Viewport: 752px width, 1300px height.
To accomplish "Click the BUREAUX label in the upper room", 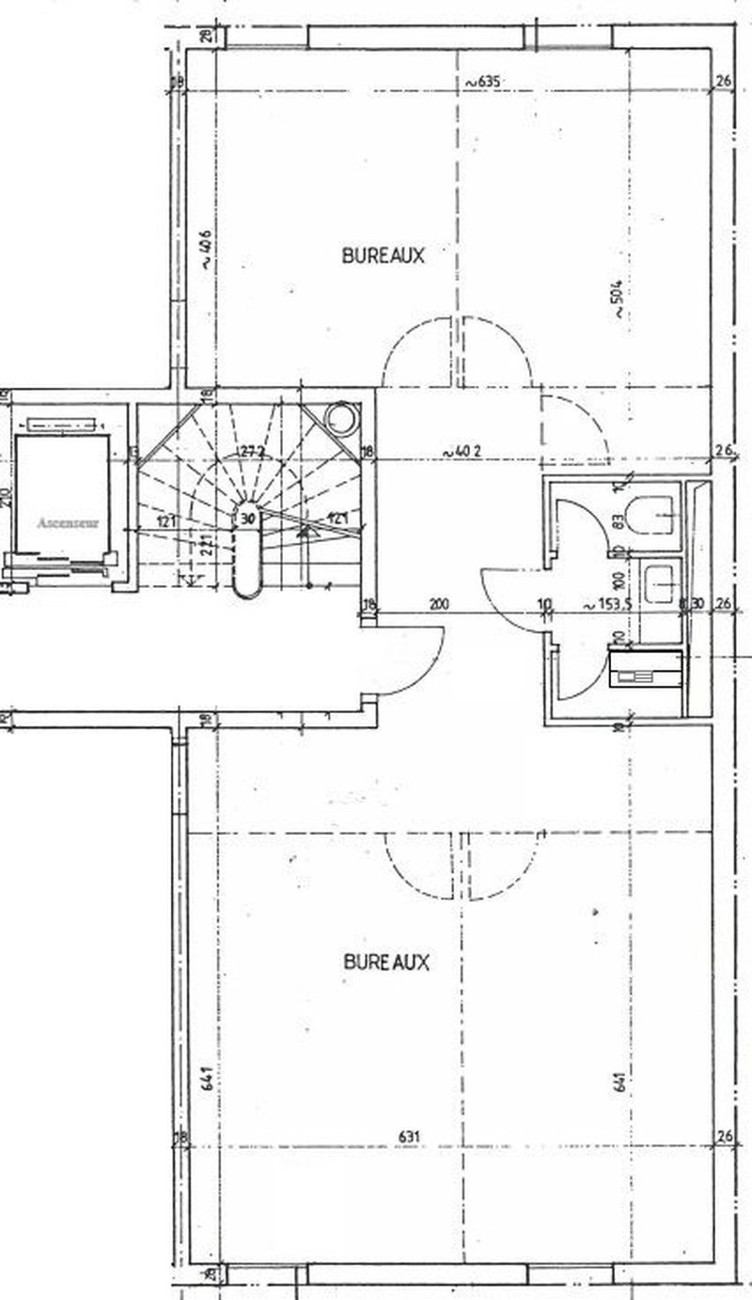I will click(x=383, y=255).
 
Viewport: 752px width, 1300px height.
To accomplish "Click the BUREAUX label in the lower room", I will click(x=385, y=963).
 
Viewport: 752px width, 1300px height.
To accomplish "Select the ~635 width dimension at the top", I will click(x=479, y=82).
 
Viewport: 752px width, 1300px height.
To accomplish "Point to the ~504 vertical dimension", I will click(x=618, y=301).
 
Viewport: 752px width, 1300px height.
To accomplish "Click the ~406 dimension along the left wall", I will click(x=205, y=252).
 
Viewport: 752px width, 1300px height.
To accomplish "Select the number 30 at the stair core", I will click(x=247, y=517).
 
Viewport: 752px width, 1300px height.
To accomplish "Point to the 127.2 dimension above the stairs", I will click(x=250, y=451).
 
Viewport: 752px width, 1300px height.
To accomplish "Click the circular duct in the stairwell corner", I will click(x=339, y=417).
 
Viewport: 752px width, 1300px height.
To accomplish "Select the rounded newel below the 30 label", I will click(x=247, y=564).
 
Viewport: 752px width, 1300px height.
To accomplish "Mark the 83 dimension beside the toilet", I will click(x=619, y=522).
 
